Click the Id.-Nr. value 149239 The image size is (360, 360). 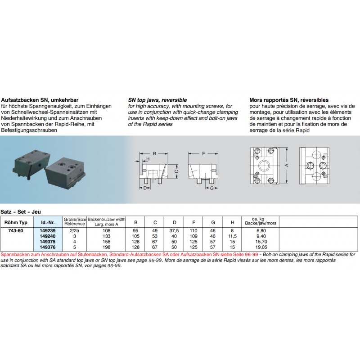point(47,230)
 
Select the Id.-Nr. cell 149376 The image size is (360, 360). point(47,247)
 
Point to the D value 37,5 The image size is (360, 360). point(174,230)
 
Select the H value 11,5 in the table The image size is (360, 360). point(232,236)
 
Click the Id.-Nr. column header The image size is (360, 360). point(47,222)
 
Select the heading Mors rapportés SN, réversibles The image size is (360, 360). point(288,99)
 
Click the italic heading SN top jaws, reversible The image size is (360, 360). point(157,99)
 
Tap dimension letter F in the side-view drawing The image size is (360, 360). point(203,154)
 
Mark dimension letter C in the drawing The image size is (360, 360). point(176,171)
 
